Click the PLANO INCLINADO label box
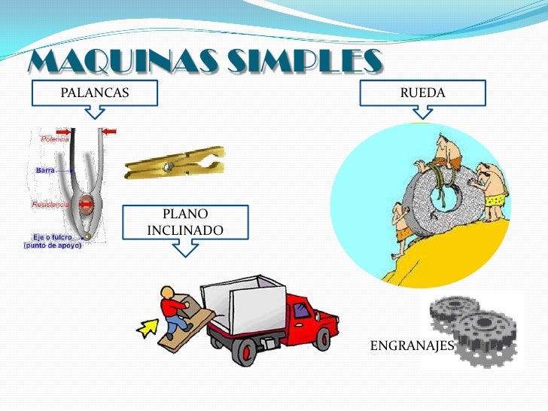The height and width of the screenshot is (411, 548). pos(185,221)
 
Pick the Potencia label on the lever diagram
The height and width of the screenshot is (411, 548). pos(55,139)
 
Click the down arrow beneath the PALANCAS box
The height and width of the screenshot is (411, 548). pos(94,112)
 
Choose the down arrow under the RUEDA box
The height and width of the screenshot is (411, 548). pos(422,112)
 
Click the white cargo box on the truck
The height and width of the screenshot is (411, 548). pos(245,297)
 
